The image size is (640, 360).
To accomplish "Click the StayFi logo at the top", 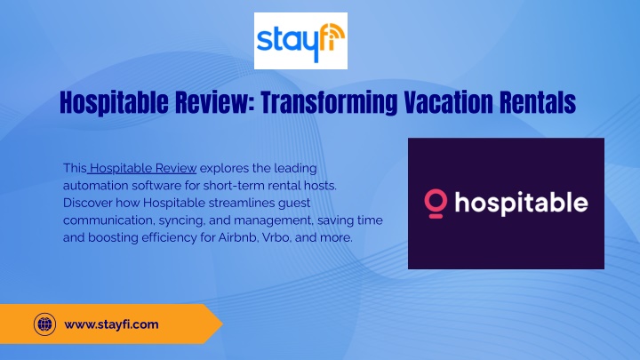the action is click(300, 41).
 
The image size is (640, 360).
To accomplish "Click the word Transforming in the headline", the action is click(329, 102).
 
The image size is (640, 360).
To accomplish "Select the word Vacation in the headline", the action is click(449, 102).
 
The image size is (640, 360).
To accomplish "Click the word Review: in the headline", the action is click(215, 102).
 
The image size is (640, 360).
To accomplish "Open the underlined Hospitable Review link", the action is click(143, 168).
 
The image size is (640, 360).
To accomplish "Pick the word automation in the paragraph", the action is click(95, 186).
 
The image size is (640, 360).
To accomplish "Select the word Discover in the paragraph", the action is click(87, 203).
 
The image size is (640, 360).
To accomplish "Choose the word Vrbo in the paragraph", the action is click(276, 237).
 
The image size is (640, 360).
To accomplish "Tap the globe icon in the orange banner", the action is click(45, 324).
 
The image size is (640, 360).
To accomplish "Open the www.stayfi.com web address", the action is click(111, 324).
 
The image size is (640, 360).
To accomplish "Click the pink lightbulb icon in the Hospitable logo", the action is click(436, 204).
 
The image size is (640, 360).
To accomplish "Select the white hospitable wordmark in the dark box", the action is click(521, 204).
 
